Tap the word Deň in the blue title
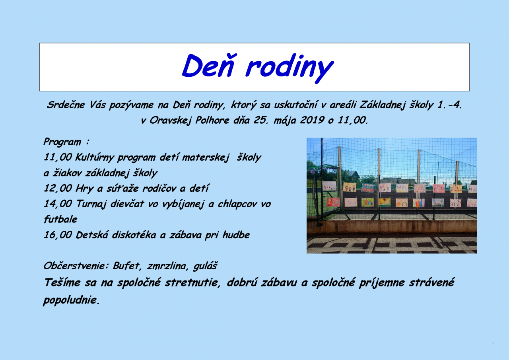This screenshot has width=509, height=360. coord(208,66)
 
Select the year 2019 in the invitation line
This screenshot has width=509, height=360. coord(312,120)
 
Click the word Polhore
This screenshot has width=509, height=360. coord(212,120)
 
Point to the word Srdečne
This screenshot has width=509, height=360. coord(66,105)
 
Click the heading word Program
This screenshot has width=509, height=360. coord(62,142)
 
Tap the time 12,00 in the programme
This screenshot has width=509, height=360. coord(58,189)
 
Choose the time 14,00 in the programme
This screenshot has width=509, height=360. coord(58,204)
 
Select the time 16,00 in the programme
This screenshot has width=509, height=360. coord(58,235)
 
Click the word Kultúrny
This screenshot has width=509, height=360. coord(94,158)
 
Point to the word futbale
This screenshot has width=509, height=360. coord(60,219)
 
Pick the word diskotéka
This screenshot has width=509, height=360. coord(134,235)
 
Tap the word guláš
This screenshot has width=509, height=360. coord(205,266)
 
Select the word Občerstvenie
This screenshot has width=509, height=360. coord(76,266)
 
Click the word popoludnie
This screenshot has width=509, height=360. coord(71,300)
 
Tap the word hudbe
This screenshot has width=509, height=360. coord(236,235)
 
